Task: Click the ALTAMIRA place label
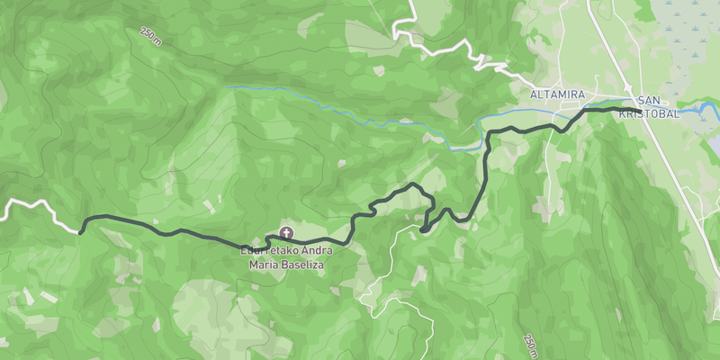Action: click(x=558, y=94)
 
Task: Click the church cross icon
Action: click(x=286, y=232)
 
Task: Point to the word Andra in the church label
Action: click(x=312, y=252)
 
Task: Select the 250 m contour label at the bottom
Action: click(x=530, y=345)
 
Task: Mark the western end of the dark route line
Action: click(x=80, y=232)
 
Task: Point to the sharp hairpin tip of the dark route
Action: click(x=421, y=231)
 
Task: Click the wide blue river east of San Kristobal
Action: click(x=693, y=112)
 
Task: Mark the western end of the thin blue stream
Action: click(x=229, y=87)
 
